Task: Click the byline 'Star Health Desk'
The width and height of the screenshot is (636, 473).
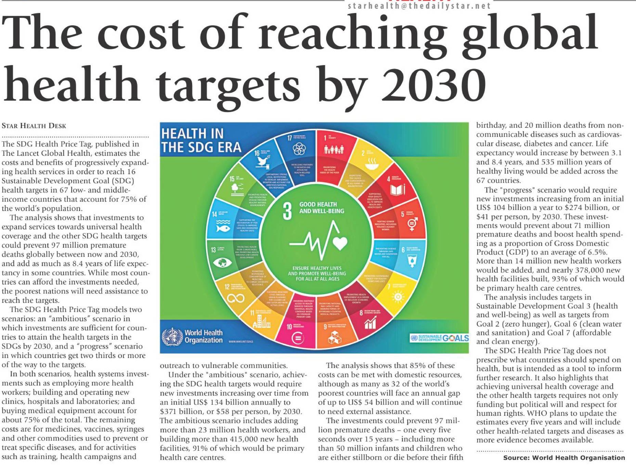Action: pos(34,126)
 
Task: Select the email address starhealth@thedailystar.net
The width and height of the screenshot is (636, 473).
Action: pos(419,6)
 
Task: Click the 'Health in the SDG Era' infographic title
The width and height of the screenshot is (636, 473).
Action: pos(201,140)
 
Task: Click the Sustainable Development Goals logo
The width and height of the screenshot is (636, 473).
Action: pos(439,338)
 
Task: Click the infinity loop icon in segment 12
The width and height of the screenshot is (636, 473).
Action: pos(236,298)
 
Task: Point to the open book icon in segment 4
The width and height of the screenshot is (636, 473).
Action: pos(398,190)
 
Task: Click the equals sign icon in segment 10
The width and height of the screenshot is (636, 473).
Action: pos(297,339)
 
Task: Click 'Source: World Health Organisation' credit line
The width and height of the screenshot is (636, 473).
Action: pos(564,458)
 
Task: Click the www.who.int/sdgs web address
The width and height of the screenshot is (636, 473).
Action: pos(241,342)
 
